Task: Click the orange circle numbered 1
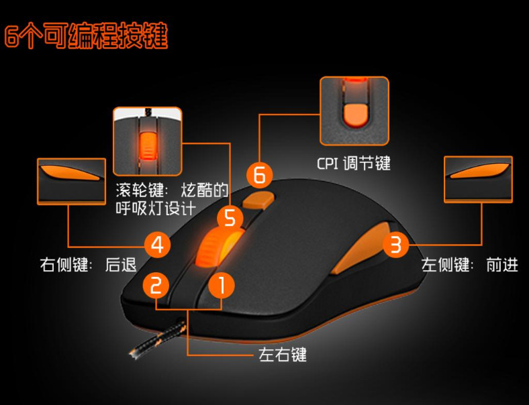tap(222, 286)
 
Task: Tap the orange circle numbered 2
tap(156, 286)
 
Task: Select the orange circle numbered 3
tap(395, 245)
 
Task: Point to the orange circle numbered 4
tap(156, 244)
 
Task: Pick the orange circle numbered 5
tap(230, 217)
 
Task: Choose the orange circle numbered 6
tap(260, 176)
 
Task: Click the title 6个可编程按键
tap(86, 36)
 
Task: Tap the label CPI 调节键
tap(354, 163)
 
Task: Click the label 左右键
tap(283, 354)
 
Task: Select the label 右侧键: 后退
tap(88, 265)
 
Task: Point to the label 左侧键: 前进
tap(470, 265)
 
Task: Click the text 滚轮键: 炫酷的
tap(172, 190)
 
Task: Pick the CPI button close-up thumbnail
tap(354, 111)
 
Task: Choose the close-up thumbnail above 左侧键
tap(479, 180)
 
